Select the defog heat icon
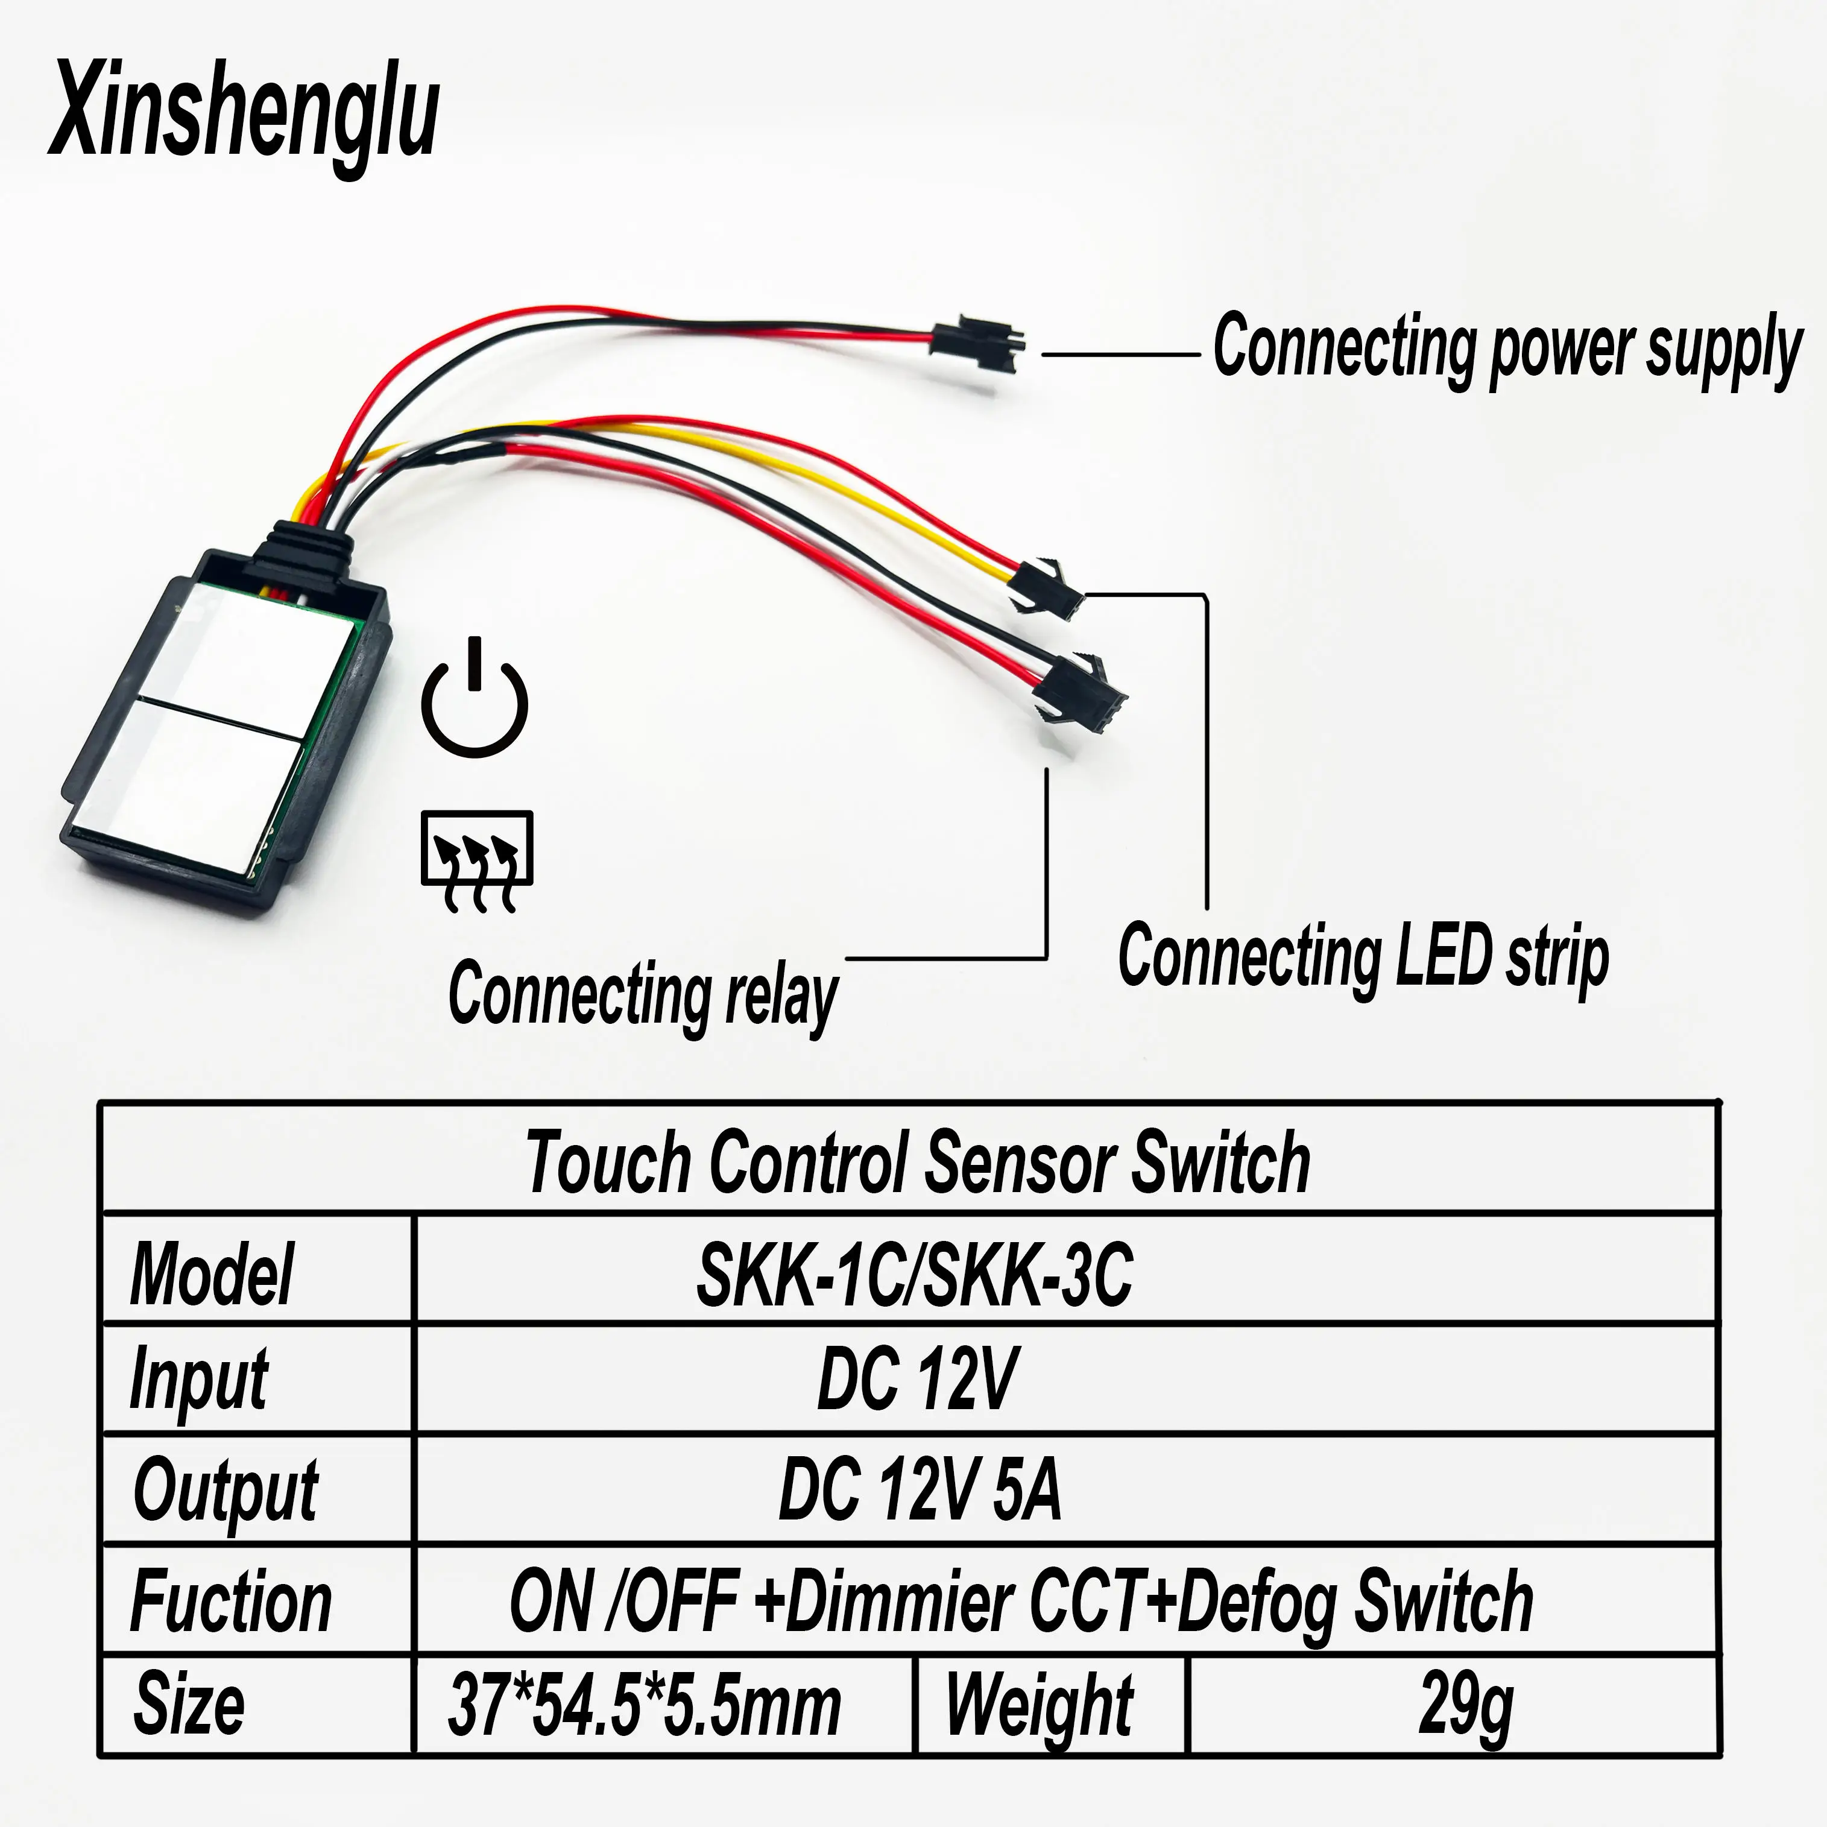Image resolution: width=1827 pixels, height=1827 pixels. (476, 859)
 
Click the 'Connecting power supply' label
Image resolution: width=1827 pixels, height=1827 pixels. (1507, 348)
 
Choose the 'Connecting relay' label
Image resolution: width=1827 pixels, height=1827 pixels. (643, 995)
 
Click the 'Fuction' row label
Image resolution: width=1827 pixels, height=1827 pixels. (231, 1601)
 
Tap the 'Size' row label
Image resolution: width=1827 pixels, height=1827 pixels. (189, 1705)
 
